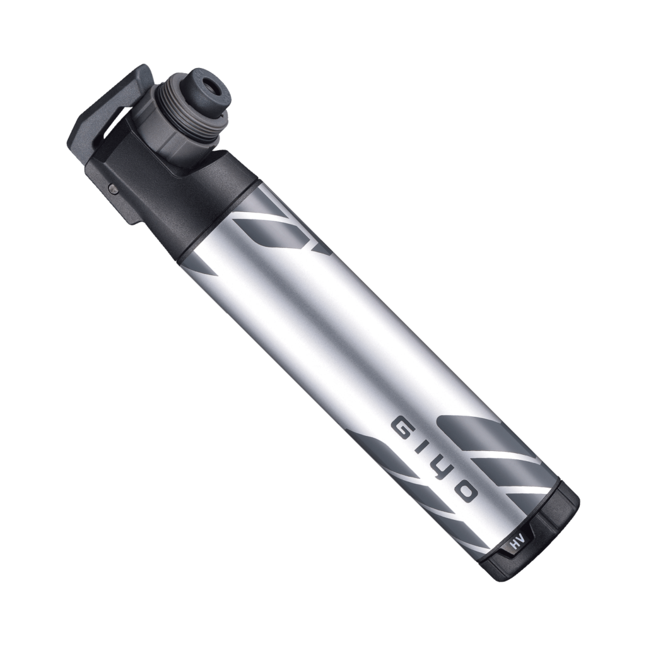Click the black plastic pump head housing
tap(189, 189)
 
